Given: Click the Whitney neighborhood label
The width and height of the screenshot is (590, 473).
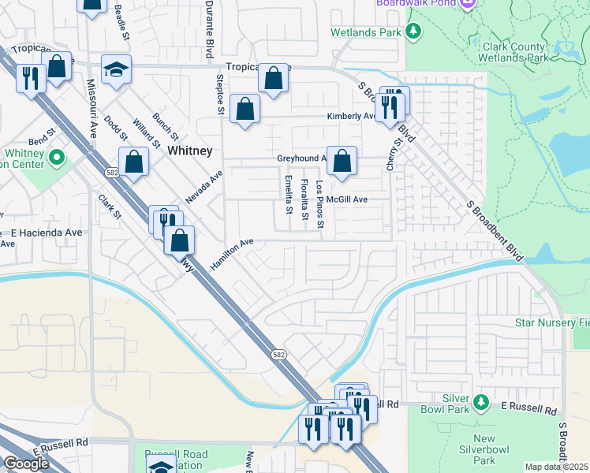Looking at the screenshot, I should [189, 151].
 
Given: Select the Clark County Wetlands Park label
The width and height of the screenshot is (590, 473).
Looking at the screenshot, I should [513, 53].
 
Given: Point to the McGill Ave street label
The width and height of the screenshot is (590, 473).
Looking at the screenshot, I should [347, 199].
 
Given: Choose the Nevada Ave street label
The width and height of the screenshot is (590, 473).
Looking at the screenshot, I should [204, 188].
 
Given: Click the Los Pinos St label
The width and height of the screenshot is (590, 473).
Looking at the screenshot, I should [319, 205].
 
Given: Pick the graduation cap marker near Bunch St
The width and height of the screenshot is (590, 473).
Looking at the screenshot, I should [116, 69].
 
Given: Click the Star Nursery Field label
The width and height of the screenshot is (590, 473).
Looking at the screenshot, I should [551, 322].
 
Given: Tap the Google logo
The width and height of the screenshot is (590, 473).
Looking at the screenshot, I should [27, 463].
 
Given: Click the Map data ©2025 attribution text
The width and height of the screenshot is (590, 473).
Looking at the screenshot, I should [557, 467].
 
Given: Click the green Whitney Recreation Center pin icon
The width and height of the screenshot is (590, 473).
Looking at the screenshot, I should [56, 158].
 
